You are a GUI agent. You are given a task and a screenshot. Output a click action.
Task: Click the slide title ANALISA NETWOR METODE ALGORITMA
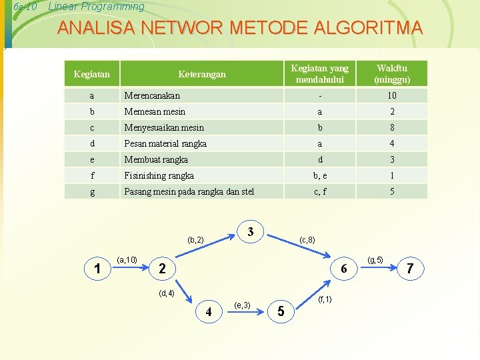point(240,28)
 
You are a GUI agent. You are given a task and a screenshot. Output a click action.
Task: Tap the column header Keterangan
point(202,74)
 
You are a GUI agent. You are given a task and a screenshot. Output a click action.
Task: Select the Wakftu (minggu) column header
point(392,74)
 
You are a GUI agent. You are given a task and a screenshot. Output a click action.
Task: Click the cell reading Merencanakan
point(152,95)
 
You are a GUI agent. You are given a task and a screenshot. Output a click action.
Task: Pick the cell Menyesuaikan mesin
point(164,127)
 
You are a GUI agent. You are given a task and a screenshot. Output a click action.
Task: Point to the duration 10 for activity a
point(392,95)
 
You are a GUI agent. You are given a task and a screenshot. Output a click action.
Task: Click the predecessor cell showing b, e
point(320,175)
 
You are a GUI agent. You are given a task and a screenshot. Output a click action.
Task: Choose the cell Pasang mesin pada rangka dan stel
point(189,192)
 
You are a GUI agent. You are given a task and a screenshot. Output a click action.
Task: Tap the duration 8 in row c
point(392,127)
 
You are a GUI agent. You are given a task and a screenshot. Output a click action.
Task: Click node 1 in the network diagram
point(98,269)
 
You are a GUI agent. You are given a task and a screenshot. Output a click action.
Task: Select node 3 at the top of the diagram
point(250,232)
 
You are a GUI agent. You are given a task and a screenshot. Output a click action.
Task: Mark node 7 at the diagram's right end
point(410,268)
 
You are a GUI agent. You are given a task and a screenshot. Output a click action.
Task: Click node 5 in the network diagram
point(281,311)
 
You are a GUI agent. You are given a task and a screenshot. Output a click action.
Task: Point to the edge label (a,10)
point(127,259)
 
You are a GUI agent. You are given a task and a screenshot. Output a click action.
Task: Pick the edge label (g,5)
point(375,259)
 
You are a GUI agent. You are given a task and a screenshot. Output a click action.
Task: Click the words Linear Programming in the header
point(97,7)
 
